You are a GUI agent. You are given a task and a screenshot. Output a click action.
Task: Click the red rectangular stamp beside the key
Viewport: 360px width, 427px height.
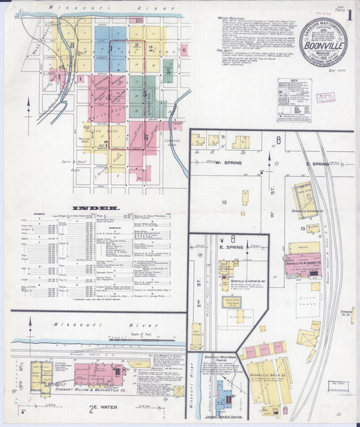pos(326,97)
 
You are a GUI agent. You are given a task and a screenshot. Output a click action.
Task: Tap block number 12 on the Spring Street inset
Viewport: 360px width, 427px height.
pos(224,201)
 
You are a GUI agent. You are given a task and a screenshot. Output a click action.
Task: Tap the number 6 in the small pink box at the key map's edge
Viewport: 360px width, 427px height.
pos(184,49)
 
